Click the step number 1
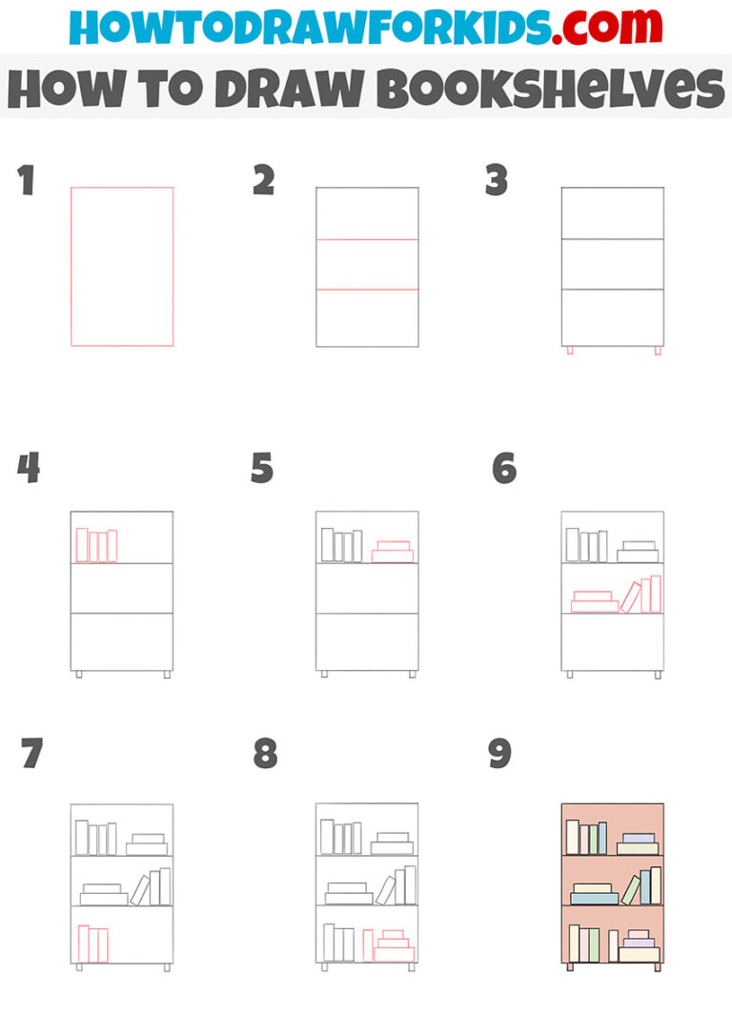(x=26, y=180)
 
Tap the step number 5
(x=262, y=469)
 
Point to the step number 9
(x=499, y=754)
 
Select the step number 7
(x=31, y=754)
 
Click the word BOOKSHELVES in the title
(x=550, y=89)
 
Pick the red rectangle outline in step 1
(x=71, y=267)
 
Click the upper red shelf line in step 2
(x=367, y=239)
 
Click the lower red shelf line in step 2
(x=367, y=289)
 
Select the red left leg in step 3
(x=570, y=351)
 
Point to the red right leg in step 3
(x=657, y=351)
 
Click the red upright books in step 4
(x=96, y=546)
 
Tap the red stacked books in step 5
(x=393, y=552)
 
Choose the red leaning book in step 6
(x=630, y=598)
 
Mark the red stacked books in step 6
(x=594, y=602)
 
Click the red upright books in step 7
(x=92, y=945)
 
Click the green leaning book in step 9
(x=630, y=889)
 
